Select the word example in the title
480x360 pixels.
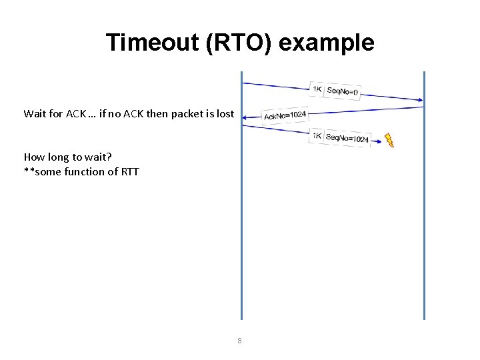(x=326, y=43)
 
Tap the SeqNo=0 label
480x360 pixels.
(x=343, y=91)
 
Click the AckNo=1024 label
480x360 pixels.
(x=285, y=116)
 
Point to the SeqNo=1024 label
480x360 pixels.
(x=347, y=138)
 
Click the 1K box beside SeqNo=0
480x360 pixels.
(x=317, y=89)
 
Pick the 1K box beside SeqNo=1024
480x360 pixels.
(x=317, y=136)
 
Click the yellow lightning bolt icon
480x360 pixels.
(x=389, y=140)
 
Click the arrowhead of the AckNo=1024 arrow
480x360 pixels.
(x=245, y=118)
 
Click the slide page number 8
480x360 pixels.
(x=240, y=341)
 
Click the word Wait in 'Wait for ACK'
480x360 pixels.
(x=35, y=113)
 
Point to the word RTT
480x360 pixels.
(x=129, y=172)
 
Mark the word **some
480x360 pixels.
(x=40, y=172)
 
